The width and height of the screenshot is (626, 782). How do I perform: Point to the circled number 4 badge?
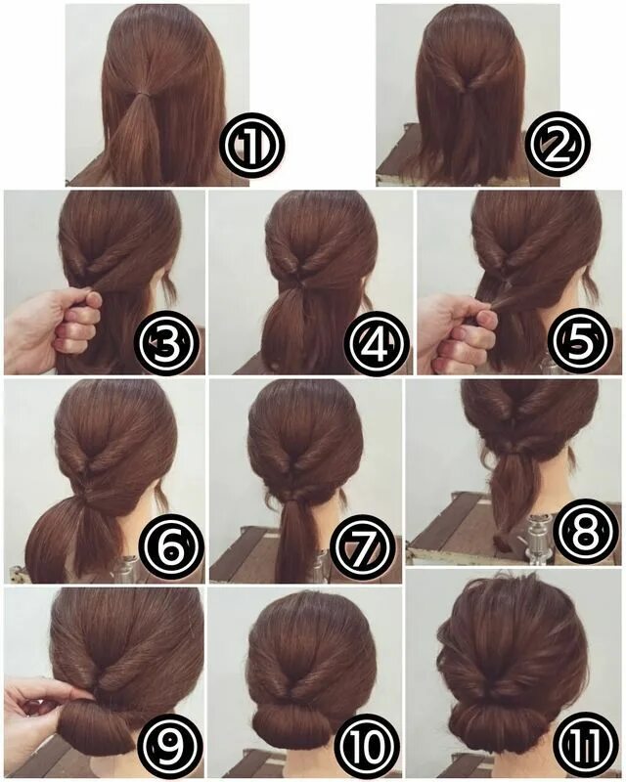(375, 342)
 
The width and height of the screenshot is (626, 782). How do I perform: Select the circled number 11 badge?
(584, 746)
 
